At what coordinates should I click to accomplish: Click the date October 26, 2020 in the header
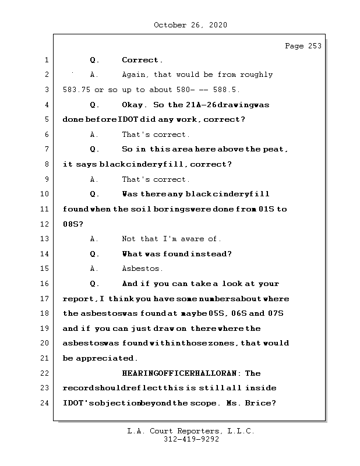tap(190, 25)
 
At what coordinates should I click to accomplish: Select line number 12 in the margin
tap(45, 224)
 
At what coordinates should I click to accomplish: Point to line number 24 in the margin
tap(45, 403)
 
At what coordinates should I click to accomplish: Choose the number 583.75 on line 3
tap(76, 90)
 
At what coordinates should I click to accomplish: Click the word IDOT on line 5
tap(128, 119)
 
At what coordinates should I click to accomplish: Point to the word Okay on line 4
tap(135, 105)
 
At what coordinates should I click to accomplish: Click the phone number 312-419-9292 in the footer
tap(190, 440)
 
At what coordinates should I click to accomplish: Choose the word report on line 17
tap(78, 299)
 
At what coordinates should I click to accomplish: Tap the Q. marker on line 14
tap(94, 254)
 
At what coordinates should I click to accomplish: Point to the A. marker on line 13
tap(94, 239)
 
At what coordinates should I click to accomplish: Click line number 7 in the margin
tap(45, 149)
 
